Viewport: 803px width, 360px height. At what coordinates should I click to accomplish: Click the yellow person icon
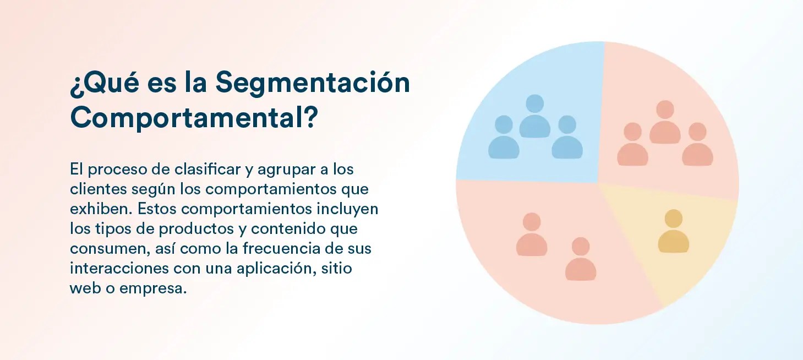[x=673, y=232]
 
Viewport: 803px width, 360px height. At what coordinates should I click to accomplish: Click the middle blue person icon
[x=535, y=116]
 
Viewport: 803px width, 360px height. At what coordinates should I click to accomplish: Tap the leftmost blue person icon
[x=504, y=137]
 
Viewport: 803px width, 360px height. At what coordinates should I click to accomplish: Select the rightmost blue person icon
[x=567, y=137]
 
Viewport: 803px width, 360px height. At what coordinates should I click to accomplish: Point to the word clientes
[x=98, y=189]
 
